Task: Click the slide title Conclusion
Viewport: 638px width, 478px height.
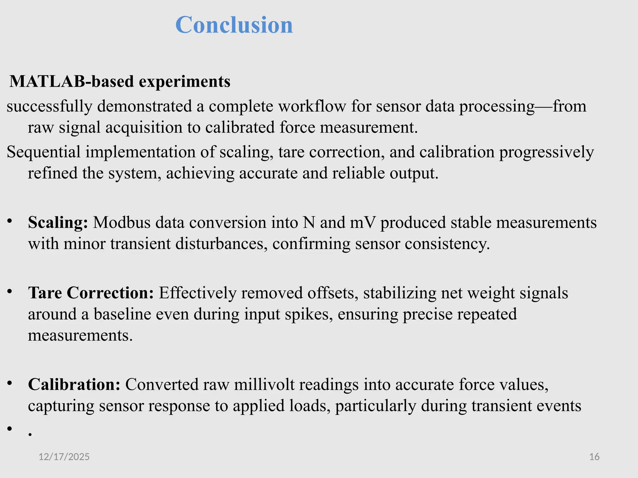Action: pos(234,25)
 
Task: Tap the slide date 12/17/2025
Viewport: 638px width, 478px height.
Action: pos(64,457)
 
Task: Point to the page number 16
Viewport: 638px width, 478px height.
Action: pos(594,457)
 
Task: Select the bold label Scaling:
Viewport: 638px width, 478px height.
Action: pos(58,223)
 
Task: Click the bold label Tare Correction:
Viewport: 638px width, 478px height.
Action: pos(91,293)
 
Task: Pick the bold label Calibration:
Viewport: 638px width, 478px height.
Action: pos(74,384)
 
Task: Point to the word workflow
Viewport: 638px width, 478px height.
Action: pos(312,106)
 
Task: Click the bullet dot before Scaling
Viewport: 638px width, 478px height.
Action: pos(10,221)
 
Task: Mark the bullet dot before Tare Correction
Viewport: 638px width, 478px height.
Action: pos(10,291)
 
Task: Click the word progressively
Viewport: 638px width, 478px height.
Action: pos(547,152)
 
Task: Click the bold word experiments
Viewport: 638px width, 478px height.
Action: pos(184,82)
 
